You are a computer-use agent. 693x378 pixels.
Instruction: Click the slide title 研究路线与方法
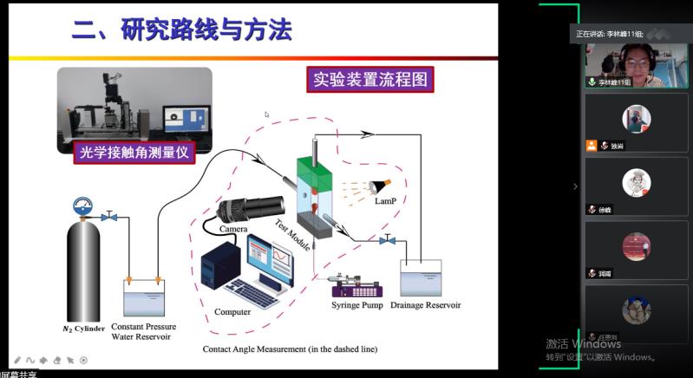[181, 32]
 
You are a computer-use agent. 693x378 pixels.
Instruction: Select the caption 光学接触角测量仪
[134, 153]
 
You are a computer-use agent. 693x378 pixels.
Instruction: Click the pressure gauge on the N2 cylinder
[84, 207]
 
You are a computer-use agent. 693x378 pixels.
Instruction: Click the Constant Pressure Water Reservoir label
[143, 332]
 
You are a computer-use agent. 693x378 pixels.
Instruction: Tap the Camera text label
[233, 229]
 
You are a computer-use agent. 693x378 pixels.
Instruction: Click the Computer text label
[232, 312]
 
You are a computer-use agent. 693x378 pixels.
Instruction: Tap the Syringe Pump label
[357, 305]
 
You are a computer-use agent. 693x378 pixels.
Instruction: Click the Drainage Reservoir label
[425, 305]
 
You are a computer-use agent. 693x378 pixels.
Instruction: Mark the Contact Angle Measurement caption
[290, 349]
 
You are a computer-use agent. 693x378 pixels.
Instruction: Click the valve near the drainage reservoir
[388, 239]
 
